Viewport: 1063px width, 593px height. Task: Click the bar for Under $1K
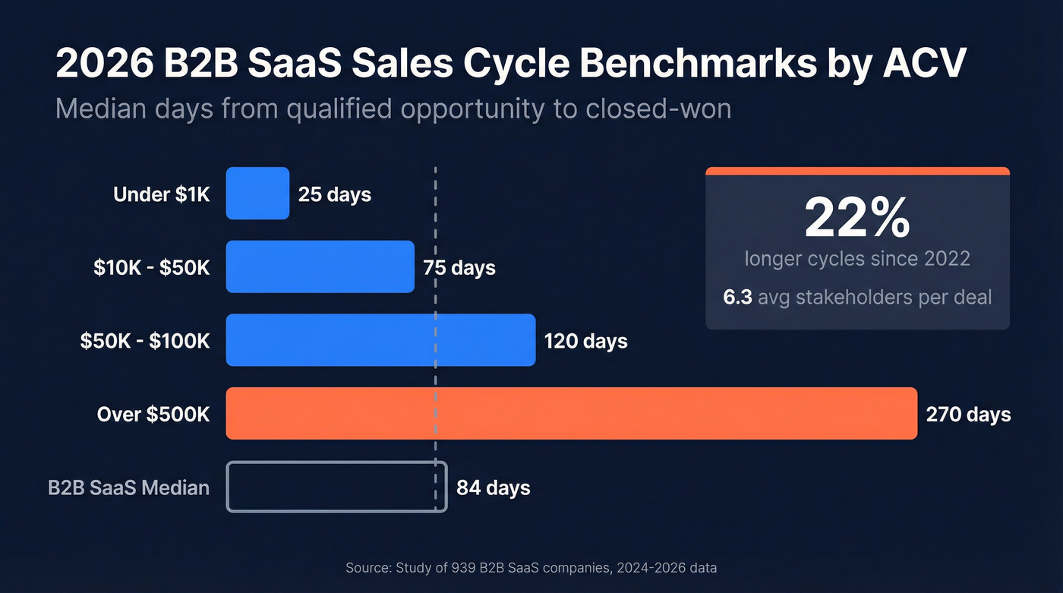[257, 194]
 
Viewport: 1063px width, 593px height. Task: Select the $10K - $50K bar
[320, 267]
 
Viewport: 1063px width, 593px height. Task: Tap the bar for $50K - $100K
[380, 340]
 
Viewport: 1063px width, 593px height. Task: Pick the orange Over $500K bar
[571, 414]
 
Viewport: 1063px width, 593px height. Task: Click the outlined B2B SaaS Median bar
[336, 487]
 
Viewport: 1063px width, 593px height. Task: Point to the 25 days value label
[335, 194]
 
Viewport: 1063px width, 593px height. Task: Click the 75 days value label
[459, 268]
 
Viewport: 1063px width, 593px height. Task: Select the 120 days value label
[585, 341]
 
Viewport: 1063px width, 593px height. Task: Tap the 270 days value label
[968, 414]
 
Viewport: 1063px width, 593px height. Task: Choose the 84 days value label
[493, 487]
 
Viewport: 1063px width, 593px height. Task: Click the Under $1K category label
[161, 194]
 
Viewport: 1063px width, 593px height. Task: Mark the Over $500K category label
[153, 414]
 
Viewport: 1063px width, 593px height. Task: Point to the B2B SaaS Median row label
[128, 487]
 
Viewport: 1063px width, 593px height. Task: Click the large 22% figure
[857, 218]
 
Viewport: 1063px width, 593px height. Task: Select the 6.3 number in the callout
[737, 296]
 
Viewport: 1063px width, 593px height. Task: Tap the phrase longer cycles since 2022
[857, 258]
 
